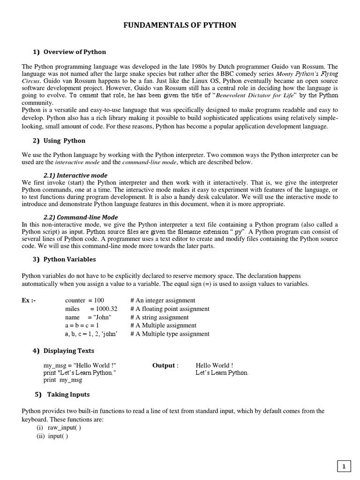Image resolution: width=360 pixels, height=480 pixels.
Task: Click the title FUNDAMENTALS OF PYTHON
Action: click(x=180, y=25)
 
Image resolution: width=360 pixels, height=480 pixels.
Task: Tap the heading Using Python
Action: click(x=64, y=141)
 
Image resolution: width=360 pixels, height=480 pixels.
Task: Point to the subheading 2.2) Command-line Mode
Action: click(x=81, y=217)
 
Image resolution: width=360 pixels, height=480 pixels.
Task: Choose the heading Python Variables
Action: click(x=69, y=259)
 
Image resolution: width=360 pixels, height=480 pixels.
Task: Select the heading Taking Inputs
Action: click(x=68, y=394)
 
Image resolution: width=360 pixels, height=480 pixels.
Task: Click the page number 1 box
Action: click(x=344, y=466)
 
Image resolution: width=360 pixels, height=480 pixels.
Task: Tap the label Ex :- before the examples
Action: click(x=29, y=300)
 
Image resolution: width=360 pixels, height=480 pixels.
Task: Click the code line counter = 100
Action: click(x=84, y=300)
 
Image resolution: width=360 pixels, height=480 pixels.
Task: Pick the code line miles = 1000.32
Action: click(x=91, y=309)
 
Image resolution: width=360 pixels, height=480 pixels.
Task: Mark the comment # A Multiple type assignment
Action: click(x=170, y=334)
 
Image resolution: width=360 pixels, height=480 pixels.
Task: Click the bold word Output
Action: click(x=164, y=365)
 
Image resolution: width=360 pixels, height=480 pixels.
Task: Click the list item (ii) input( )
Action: click(x=52, y=436)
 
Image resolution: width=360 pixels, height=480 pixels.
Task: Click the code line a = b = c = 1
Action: click(x=82, y=326)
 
